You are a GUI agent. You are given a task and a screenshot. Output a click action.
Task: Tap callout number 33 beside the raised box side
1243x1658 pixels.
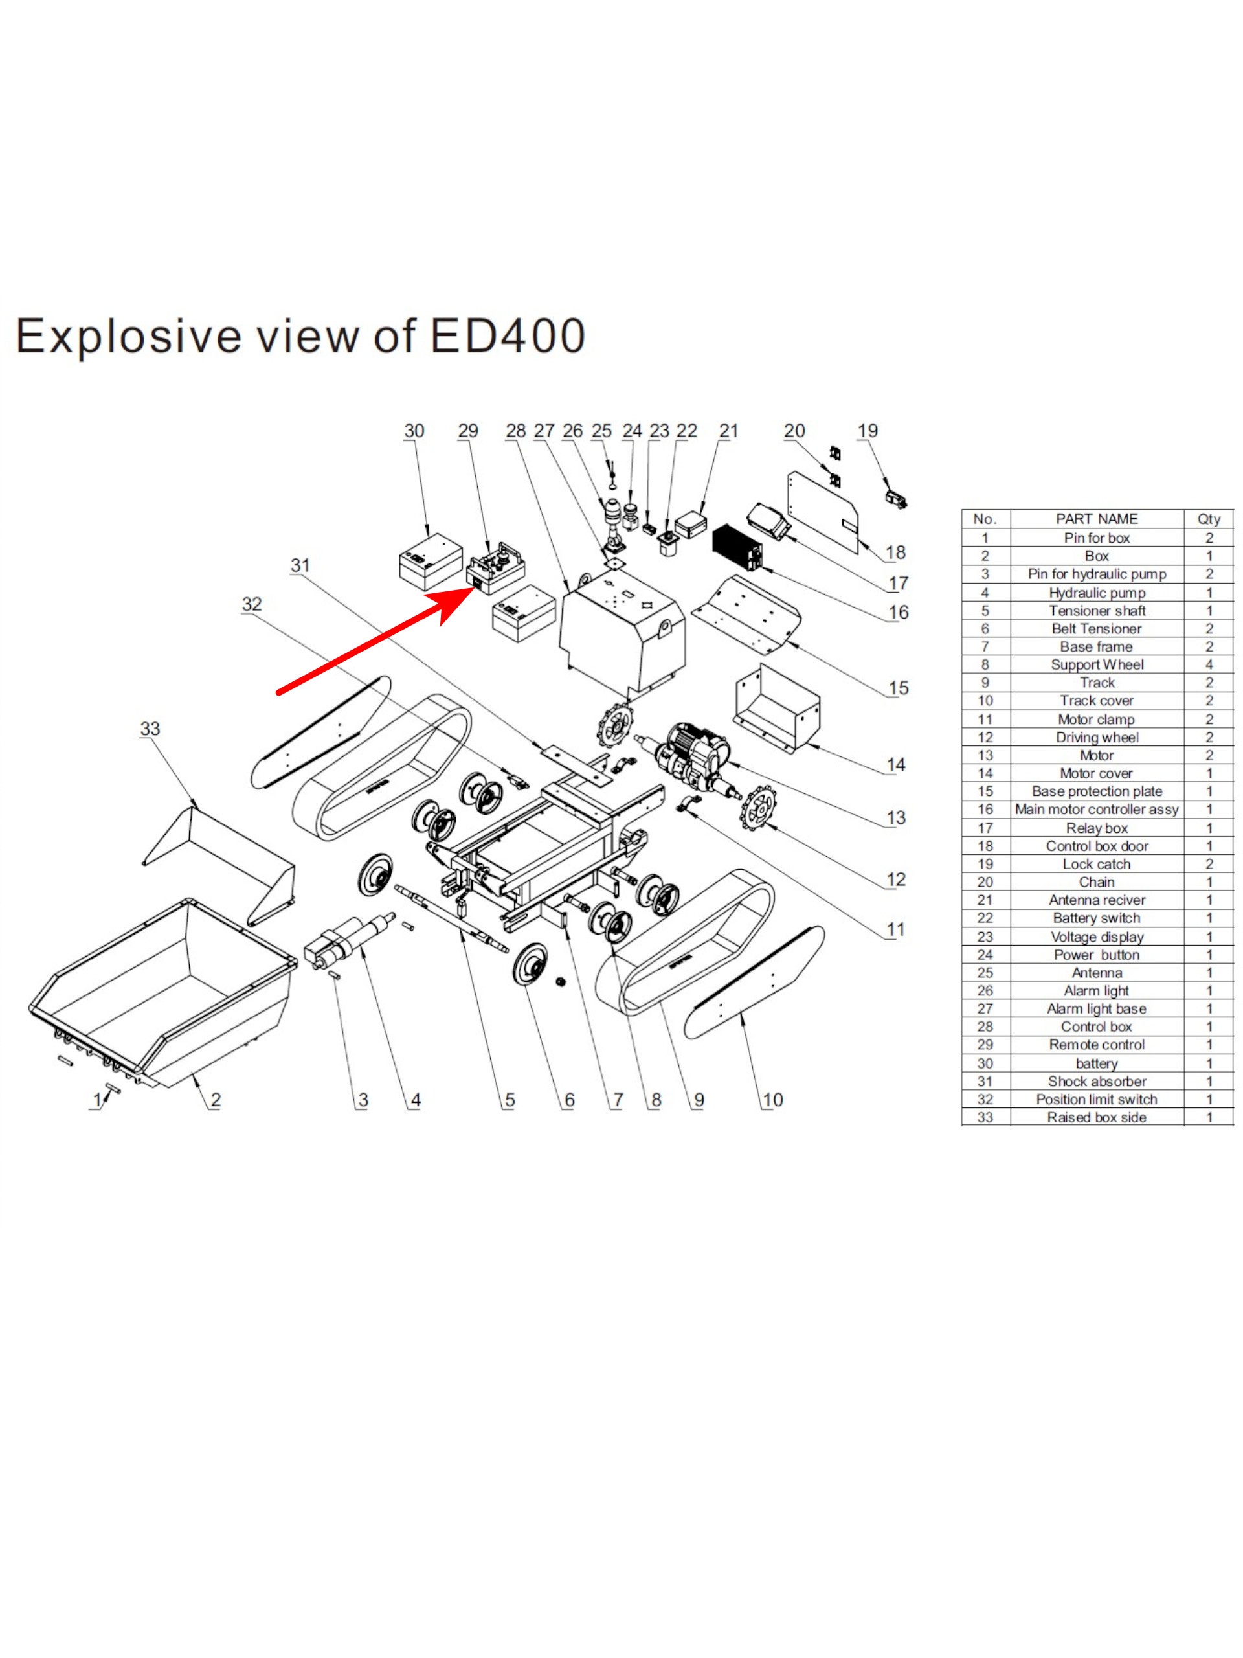click(x=150, y=729)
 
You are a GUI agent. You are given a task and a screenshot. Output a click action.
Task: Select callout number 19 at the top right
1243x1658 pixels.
click(x=867, y=431)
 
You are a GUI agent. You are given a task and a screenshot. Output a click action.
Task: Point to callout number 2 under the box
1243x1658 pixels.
click(x=215, y=1100)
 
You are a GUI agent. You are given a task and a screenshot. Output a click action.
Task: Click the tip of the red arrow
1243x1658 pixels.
click(x=473, y=588)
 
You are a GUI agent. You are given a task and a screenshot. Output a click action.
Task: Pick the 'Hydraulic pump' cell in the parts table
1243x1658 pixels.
click(x=1096, y=593)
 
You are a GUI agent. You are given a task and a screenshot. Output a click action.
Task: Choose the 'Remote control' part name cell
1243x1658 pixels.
click(x=1096, y=1045)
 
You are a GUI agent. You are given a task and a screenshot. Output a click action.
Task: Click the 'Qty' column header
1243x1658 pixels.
click(x=1208, y=519)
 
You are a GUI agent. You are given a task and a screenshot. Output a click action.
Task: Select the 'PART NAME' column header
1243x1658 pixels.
click(x=1096, y=519)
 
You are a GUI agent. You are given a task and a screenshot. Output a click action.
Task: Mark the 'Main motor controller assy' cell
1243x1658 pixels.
click(x=1096, y=810)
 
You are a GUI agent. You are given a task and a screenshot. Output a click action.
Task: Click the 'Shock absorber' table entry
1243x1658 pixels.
click(x=1096, y=1082)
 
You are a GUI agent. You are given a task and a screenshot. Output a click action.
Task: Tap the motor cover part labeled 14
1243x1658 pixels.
click(x=778, y=709)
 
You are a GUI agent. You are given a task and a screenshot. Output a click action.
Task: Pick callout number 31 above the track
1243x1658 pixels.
click(x=300, y=565)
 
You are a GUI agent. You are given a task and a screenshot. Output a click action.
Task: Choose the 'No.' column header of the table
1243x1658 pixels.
click(x=985, y=519)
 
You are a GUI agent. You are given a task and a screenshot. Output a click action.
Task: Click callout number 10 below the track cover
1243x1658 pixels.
click(x=772, y=1100)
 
